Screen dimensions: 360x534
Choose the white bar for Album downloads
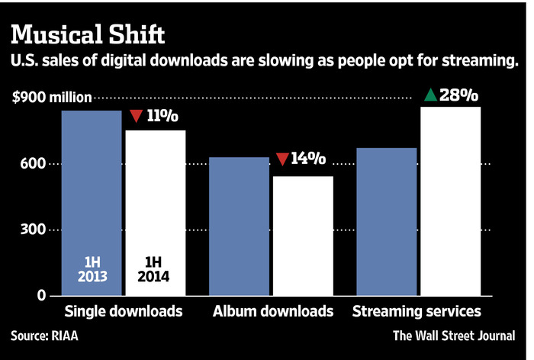(x=304, y=236)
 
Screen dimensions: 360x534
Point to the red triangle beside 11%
(x=137, y=117)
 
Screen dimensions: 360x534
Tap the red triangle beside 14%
(x=281, y=159)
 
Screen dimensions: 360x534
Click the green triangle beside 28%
(x=430, y=95)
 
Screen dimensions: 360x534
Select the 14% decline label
(x=308, y=159)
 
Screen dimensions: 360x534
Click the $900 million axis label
(x=51, y=97)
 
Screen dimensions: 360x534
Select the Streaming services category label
(x=416, y=311)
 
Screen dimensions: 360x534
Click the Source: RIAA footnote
(x=43, y=336)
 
